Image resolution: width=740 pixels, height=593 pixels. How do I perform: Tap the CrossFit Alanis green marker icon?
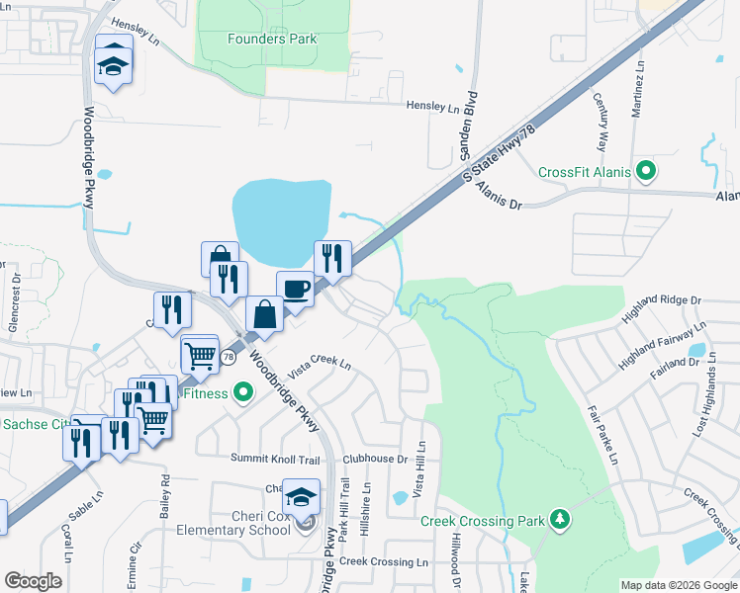[x=647, y=172]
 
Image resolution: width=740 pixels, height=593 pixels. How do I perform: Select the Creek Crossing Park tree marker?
[x=560, y=520]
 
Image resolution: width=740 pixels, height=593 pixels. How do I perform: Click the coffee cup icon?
[x=295, y=289]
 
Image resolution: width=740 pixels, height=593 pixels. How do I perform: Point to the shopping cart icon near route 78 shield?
[x=200, y=354]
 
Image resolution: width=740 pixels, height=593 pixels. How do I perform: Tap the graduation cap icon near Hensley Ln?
[x=113, y=64]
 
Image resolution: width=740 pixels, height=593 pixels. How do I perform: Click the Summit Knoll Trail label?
[x=276, y=459]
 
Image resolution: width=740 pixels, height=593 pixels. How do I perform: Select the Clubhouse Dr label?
[x=375, y=459]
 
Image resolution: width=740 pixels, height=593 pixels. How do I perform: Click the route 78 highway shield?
[x=228, y=357]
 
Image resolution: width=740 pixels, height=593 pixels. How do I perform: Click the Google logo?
[x=33, y=581]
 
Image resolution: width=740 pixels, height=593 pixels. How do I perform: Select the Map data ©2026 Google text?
[x=677, y=585]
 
